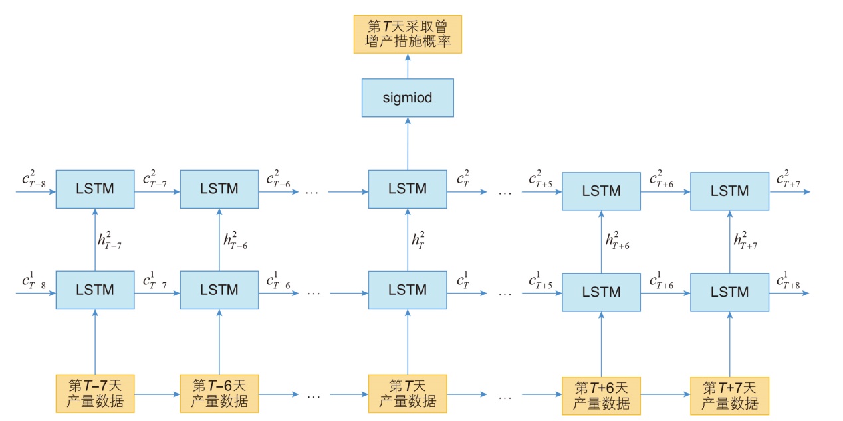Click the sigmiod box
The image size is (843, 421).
pos(408,98)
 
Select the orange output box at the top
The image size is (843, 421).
pos(408,35)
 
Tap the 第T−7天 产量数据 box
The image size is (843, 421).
pos(95,394)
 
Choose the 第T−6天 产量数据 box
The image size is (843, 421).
pos(219,394)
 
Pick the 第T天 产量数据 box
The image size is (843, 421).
pos(408,394)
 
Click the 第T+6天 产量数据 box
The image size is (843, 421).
pos(601,396)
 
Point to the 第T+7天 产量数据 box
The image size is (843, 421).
pos(729,396)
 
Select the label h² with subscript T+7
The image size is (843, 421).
pos(745,240)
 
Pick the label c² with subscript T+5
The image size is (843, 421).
pos(541,179)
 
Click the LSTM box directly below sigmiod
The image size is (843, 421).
pos(408,189)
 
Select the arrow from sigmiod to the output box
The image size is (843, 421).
pos(408,66)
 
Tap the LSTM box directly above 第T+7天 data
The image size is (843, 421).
pos(729,292)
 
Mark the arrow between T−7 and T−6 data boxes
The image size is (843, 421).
pos(157,394)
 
